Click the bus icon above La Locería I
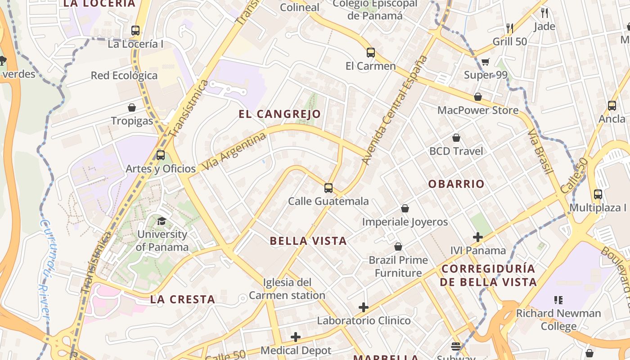pyautogui.click(x=135, y=31)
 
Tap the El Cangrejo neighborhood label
pyautogui.click(x=279, y=114)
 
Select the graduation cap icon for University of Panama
pyautogui.click(x=162, y=221)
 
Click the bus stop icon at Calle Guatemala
pyautogui.click(x=328, y=188)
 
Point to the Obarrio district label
pyautogui.click(x=456, y=184)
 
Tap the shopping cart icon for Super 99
pyautogui.click(x=485, y=62)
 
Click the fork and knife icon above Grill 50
pyautogui.click(x=510, y=28)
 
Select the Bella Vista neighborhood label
pyautogui.click(x=308, y=241)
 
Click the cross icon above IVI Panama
pyautogui.click(x=478, y=237)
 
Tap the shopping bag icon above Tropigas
pyautogui.click(x=132, y=108)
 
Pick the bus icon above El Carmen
pyautogui.click(x=370, y=53)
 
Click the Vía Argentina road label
pyautogui.click(x=234, y=151)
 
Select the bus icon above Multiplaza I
pyautogui.click(x=598, y=194)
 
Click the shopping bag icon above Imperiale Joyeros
pyautogui.click(x=405, y=208)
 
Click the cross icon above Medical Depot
pyautogui.click(x=296, y=337)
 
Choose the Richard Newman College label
pyautogui.click(x=558, y=319)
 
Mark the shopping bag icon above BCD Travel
pyautogui.click(x=456, y=138)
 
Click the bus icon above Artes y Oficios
pyautogui.click(x=161, y=155)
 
